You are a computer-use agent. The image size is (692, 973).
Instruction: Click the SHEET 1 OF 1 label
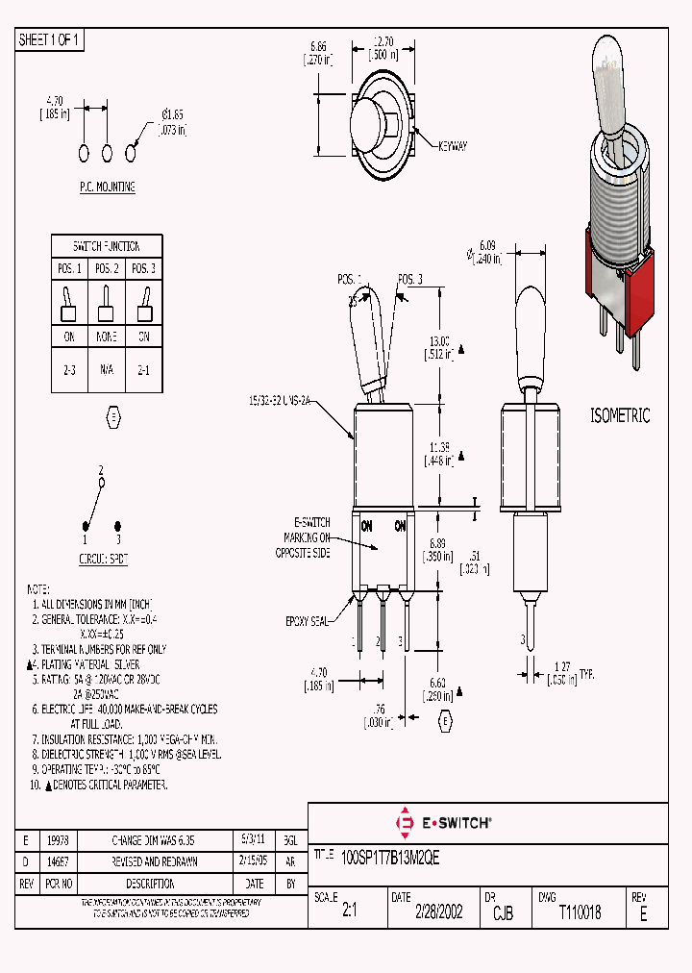[51, 39]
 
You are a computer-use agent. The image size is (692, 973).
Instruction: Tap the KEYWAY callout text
[452, 146]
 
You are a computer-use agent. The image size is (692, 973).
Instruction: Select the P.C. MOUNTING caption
[107, 187]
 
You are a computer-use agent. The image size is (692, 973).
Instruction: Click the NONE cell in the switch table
[106, 337]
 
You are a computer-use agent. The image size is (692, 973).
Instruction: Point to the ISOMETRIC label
[620, 416]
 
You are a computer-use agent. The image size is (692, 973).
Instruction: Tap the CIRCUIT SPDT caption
[103, 558]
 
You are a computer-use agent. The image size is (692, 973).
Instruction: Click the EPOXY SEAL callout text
[309, 621]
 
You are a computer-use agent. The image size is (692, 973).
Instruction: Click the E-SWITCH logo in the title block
[444, 823]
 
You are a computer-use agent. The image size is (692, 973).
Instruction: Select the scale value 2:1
[349, 912]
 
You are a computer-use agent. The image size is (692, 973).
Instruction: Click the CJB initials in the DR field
[503, 913]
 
